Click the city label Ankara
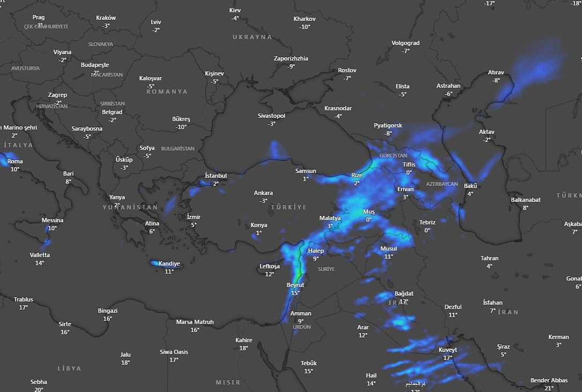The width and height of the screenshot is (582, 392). pos(263,193)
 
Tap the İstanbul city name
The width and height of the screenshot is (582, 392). pos(216,176)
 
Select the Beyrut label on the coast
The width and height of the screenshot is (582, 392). pos(295,285)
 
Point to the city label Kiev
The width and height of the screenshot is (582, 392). pos(235,10)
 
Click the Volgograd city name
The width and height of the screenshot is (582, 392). pos(406,43)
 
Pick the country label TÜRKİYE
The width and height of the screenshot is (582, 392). pos(289,207)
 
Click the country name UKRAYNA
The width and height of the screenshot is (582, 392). pos(252,37)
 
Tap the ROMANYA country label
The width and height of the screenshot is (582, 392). pos(167,92)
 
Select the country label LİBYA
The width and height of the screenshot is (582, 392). pos(69,368)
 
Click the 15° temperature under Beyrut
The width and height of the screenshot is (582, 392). pos(295,293)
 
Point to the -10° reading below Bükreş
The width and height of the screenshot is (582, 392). pos(181,127)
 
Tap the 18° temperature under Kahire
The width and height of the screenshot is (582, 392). pos(244,348)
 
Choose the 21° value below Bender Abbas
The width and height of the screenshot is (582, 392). pos(549,388)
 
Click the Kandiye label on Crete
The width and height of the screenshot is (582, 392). pos(169,264)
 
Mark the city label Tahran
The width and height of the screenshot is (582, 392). pos(489,258)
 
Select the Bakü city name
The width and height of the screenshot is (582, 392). pos(471,186)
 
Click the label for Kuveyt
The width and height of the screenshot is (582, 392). pos(448,350)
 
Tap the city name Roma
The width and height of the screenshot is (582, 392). pos(15,161)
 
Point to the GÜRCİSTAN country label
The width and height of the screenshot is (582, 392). pos(393,156)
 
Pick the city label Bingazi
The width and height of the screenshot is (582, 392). pos(108,311)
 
